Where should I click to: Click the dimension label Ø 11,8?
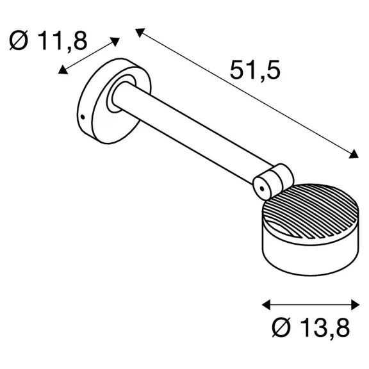point(48,40)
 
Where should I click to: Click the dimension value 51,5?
point(255,70)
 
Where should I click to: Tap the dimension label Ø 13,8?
point(311,328)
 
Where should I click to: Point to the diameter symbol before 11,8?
point(19,40)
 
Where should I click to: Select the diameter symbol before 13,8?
point(281,327)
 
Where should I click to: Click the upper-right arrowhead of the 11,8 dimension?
point(115,42)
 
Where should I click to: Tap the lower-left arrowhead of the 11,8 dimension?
point(62,70)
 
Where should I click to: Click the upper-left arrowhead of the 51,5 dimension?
point(140,32)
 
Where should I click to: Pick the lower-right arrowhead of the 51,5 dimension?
point(354,154)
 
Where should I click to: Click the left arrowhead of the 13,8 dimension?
point(266,305)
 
